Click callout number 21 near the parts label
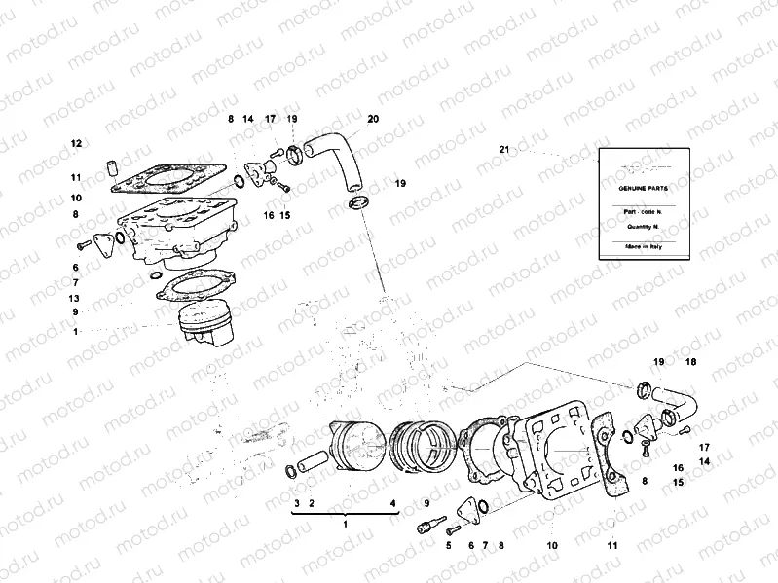[503, 150]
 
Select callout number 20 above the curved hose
[373, 119]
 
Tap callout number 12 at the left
[75, 143]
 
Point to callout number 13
[75, 298]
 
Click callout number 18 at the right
[691, 362]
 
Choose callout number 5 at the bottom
[449, 545]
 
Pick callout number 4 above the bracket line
[393, 503]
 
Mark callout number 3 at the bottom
[296, 503]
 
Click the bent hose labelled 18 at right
[678, 399]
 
